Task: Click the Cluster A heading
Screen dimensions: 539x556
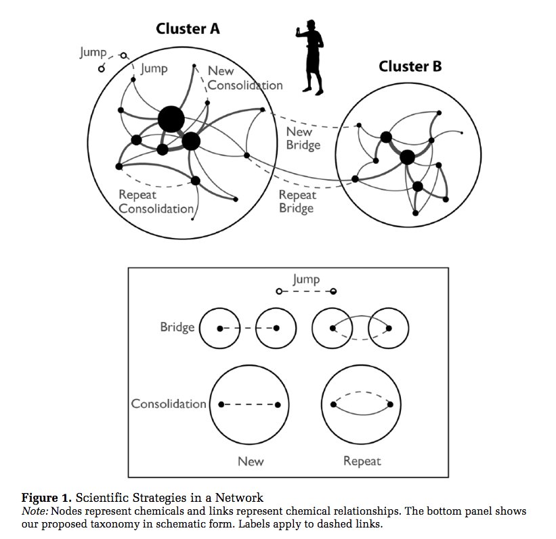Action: coord(188,28)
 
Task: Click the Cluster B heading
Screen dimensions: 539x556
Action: coord(410,66)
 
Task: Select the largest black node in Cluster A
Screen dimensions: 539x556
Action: coord(171,119)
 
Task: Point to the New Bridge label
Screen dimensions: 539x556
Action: coord(303,138)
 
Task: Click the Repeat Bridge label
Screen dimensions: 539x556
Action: coord(297,202)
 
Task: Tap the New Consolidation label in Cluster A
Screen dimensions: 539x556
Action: coord(244,78)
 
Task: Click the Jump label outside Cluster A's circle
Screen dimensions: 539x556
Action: coord(93,52)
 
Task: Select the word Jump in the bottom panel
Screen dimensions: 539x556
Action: coord(306,279)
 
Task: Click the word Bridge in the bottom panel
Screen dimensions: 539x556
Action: coord(177,327)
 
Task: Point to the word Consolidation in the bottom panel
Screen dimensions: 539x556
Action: coord(169,404)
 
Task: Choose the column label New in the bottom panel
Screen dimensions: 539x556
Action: coord(251,461)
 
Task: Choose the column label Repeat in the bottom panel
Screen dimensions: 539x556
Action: coord(362,461)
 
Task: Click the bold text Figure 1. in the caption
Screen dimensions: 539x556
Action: coord(45,499)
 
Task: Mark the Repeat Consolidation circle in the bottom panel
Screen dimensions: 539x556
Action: coord(363,404)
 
